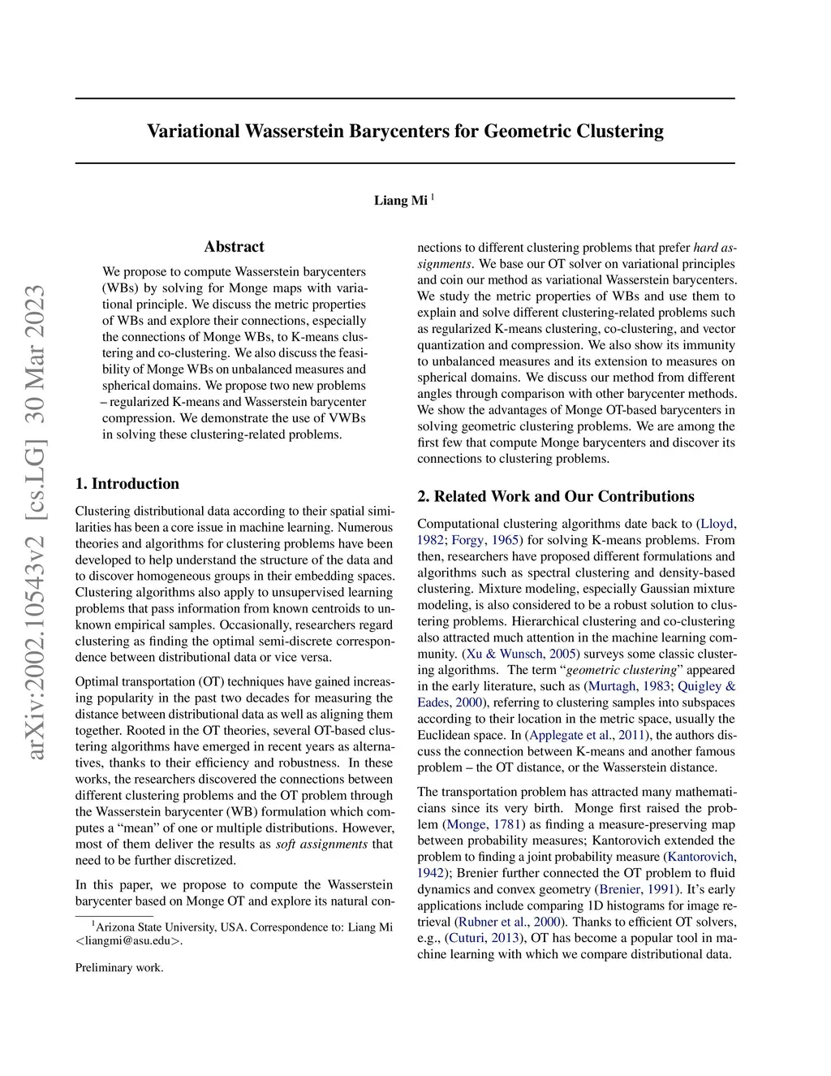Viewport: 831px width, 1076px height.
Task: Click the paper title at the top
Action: click(405, 132)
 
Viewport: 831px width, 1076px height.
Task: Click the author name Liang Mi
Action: click(400, 201)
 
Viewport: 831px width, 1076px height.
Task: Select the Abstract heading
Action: click(234, 247)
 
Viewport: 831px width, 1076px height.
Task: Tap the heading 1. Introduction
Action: click(127, 484)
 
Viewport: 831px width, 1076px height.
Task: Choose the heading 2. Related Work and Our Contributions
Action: click(556, 497)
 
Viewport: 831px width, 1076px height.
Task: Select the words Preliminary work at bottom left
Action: click(119, 968)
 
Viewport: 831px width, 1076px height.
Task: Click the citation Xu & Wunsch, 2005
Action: click(521, 654)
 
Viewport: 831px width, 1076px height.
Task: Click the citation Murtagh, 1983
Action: click(628, 686)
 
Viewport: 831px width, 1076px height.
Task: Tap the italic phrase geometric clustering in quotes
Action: click(621, 670)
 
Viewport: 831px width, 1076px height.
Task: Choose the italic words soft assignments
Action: click(321, 844)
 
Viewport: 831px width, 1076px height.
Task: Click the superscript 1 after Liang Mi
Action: click(433, 197)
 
